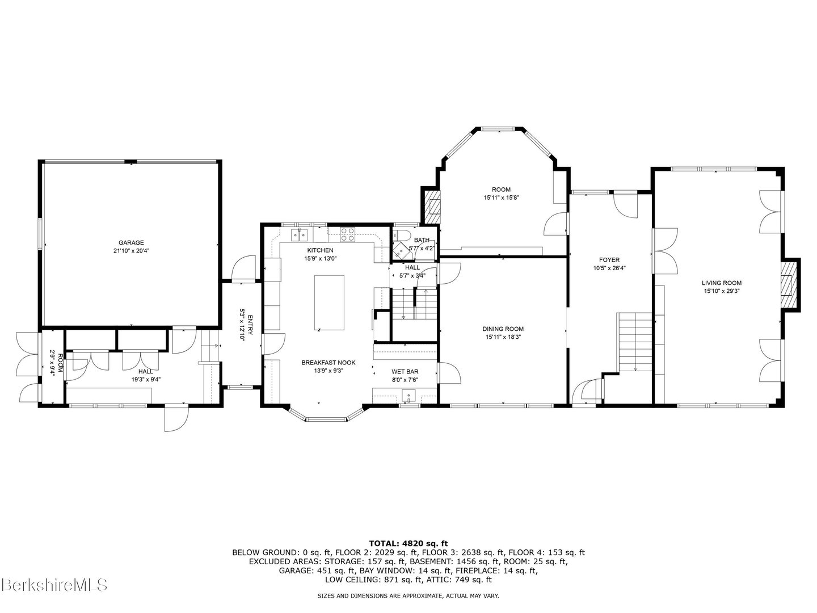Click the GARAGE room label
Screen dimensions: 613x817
[131, 242]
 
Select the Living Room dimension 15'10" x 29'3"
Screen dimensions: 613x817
[721, 291]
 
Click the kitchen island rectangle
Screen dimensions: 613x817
[329, 303]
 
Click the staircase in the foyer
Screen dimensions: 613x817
[635, 341]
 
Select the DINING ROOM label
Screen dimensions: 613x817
[503, 329]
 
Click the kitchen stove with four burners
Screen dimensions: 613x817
[348, 234]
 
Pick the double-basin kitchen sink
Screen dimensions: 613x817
[299, 234]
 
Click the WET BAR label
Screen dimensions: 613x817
[405, 372]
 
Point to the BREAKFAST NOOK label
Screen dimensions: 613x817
[322, 362]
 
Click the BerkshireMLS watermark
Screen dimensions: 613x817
[54, 584]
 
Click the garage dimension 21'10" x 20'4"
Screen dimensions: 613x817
[131, 250]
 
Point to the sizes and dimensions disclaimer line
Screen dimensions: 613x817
[408, 596]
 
